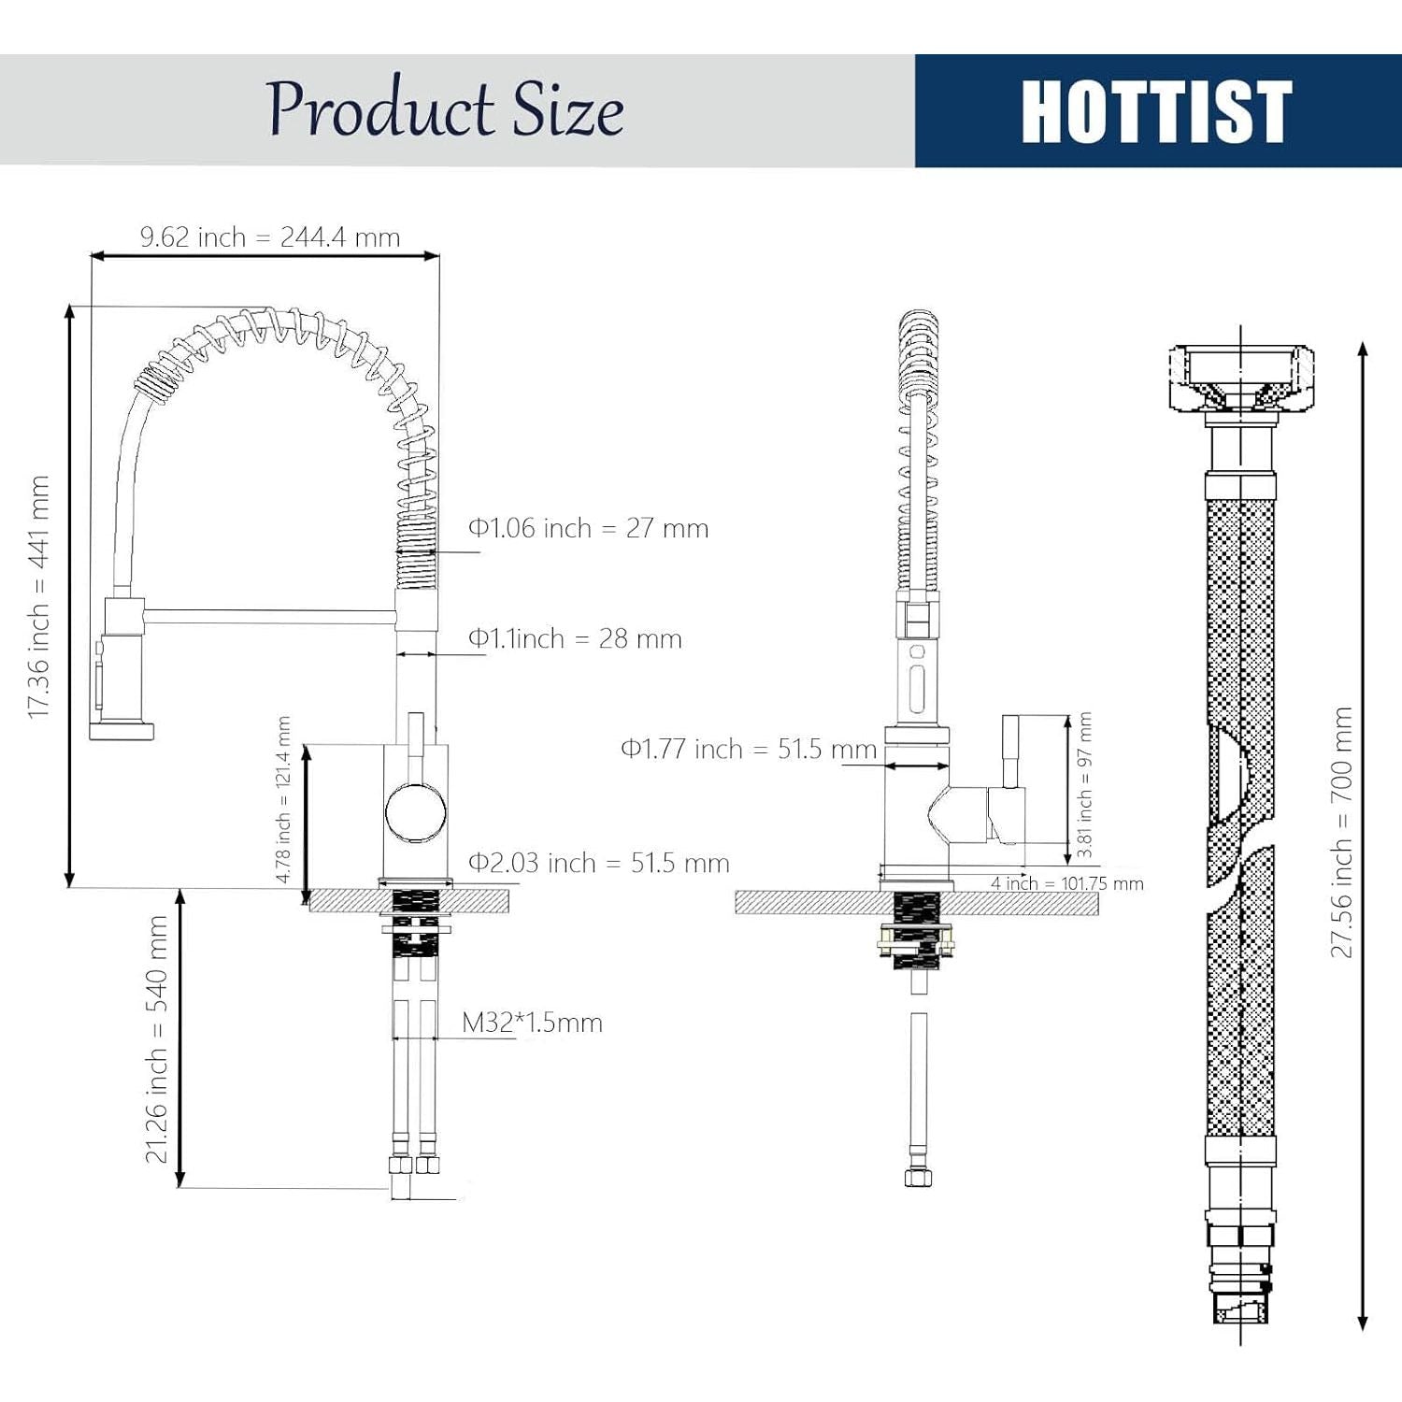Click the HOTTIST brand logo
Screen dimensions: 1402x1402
click(x=1156, y=111)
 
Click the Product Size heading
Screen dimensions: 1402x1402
click(x=445, y=108)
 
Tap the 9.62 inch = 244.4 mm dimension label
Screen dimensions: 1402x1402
click(x=270, y=237)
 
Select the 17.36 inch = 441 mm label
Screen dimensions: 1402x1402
click(x=38, y=596)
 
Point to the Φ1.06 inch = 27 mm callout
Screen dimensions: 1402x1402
click(x=588, y=528)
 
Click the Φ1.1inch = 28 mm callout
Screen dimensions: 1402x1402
click(x=575, y=638)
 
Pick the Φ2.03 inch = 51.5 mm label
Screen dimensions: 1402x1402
click(x=598, y=863)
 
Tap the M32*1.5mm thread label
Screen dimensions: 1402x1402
click(x=532, y=1023)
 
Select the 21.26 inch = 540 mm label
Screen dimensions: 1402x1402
click(x=156, y=1039)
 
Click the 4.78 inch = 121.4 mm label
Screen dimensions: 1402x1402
click(x=283, y=799)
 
